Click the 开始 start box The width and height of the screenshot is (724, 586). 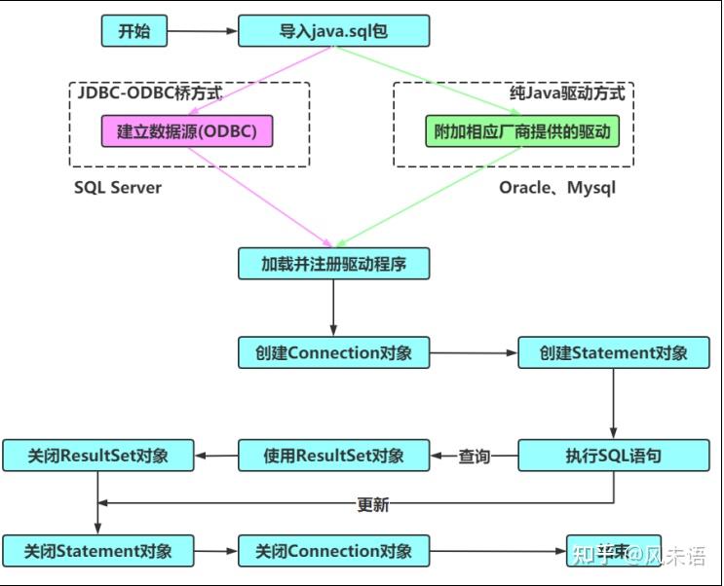pos(134,31)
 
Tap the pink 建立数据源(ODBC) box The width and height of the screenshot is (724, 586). pos(187,131)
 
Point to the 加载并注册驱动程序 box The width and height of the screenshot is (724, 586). pos(333,264)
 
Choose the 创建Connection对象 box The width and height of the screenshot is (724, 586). pos(333,352)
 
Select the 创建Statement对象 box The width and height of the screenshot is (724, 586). pos(613,352)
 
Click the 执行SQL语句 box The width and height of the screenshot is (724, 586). pos(613,455)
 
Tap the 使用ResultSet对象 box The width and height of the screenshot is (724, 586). pos(333,455)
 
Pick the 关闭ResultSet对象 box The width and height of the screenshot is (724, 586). pos(97,455)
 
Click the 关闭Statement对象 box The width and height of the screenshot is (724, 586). pos(97,551)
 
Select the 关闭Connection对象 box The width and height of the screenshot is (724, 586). pos(333,551)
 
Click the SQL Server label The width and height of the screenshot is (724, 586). pos(118,187)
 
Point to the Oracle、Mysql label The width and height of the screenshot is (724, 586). pos(557,187)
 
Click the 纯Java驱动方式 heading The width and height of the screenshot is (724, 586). pos(567,94)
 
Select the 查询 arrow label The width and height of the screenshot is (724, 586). pos(475,456)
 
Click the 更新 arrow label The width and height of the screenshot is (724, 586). pos(373,504)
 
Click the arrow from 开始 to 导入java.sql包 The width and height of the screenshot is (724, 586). pos(203,31)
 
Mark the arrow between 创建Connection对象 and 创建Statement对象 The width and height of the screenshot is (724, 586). pos(473,352)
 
